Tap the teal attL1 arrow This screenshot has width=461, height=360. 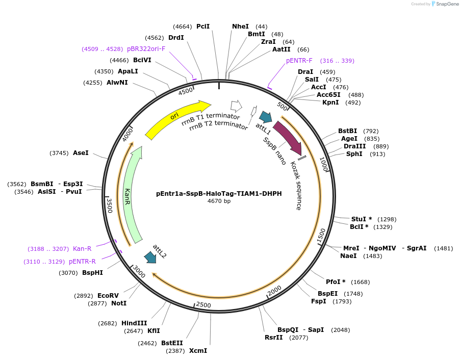[266, 117]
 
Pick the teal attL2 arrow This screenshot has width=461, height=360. [150, 257]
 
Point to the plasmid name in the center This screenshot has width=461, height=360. [219, 193]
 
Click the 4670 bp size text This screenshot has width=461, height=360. [219, 201]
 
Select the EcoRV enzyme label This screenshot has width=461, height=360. [108, 295]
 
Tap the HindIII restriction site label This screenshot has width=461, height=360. [134, 323]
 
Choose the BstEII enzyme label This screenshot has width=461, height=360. [172, 343]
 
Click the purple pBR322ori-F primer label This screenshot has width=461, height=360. [146, 49]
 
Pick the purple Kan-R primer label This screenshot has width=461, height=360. [82, 249]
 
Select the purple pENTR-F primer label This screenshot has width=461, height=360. [299, 61]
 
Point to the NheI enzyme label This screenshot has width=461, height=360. [240, 27]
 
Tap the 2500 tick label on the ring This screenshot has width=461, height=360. [203, 305]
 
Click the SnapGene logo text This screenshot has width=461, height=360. [447, 4]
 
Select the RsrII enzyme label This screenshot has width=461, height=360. [273, 338]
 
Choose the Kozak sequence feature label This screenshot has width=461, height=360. [296, 186]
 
